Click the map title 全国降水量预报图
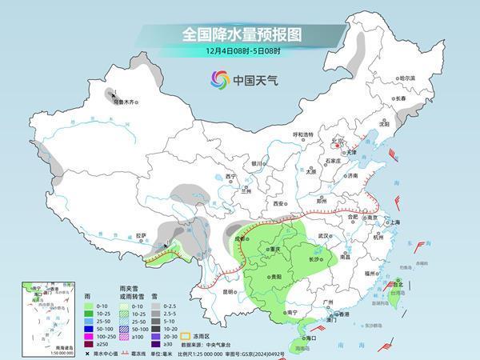239,35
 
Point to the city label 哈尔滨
408,78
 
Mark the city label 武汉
323,236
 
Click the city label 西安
278,204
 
